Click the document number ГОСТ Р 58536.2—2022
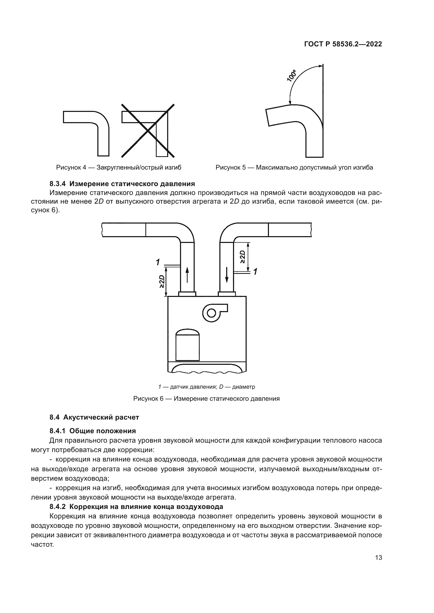click(x=343, y=44)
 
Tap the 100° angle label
click(x=292, y=75)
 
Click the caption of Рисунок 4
click(x=119, y=168)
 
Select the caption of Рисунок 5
click(x=294, y=168)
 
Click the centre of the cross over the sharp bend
click(x=148, y=131)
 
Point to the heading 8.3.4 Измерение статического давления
click(x=122, y=184)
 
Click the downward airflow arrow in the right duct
click(x=227, y=275)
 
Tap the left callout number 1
click(x=158, y=262)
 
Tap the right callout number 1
click(x=256, y=272)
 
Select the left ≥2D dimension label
click(x=162, y=282)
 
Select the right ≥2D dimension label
click(x=243, y=257)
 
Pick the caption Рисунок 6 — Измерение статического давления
click(x=206, y=399)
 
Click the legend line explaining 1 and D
click(x=207, y=387)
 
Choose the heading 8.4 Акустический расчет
click(x=94, y=417)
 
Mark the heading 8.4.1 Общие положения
click(x=92, y=431)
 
